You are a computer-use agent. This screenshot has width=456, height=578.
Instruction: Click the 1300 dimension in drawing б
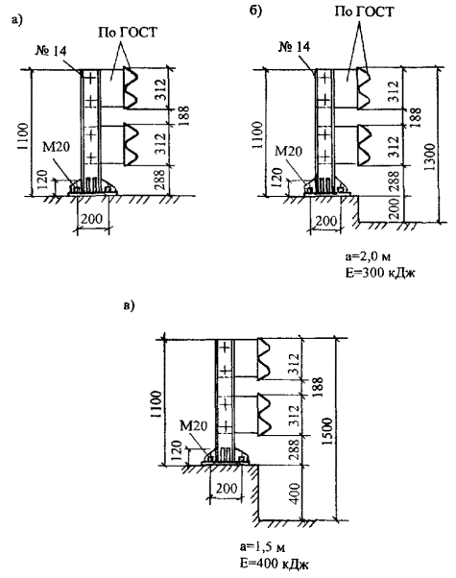click(429, 157)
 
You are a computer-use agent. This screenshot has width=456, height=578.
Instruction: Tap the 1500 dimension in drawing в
click(327, 431)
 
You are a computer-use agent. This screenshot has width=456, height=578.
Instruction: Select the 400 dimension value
click(294, 494)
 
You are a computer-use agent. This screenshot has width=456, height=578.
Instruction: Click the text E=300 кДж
click(380, 273)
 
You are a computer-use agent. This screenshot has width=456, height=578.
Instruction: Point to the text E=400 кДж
click(274, 564)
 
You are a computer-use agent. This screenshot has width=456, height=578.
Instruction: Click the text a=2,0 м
click(368, 256)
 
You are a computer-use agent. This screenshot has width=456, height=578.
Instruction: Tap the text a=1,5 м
click(262, 547)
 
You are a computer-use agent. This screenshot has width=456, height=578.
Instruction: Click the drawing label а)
click(17, 20)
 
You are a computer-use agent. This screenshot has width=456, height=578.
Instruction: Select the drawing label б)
click(255, 11)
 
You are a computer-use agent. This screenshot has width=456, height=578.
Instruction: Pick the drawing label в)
click(129, 305)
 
